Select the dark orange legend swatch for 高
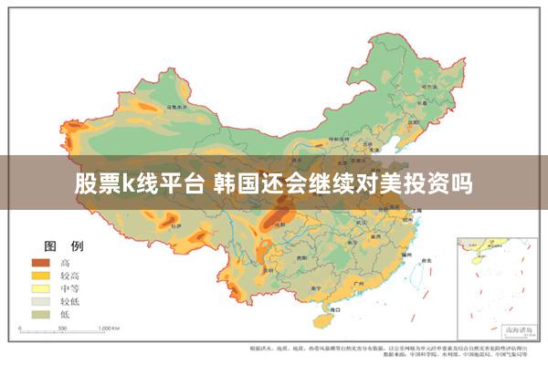pyautogui.click(x=40, y=262)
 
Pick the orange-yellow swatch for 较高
pyautogui.click(x=40, y=275)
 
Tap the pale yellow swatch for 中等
pyautogui.click(x=40, y=287)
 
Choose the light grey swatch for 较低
pyautogui.click(x=40, y=300)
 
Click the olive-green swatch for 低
pyautogui.click(x=40, y=313)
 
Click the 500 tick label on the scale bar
pyautogui.click(x=66, y=327)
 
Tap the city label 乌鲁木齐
pyautogui.click(x=176, y=107)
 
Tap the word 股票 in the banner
pyautogui.click(x=96, y=183)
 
